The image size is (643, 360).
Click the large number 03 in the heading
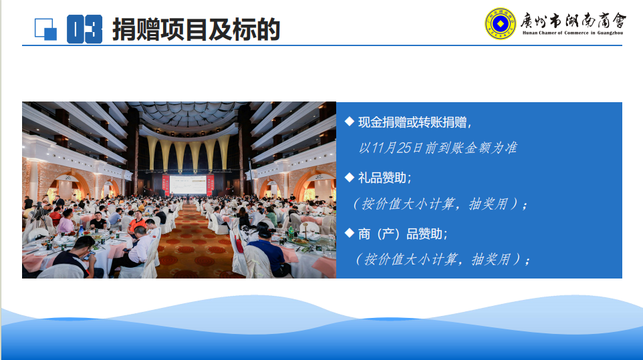click(x=84, y=29)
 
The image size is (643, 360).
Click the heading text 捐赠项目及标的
click(x=196, y=29)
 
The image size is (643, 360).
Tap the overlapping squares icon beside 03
click(x=45, y=29)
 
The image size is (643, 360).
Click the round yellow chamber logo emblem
click(x=500, y=24)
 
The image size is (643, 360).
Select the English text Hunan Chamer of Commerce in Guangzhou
click(x=572, y=33)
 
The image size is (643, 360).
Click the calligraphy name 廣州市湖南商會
click(x=573, y=21)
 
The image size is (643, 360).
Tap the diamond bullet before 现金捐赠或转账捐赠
click(x=350, y=122)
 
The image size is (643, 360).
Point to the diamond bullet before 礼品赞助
click(x=350, y=178)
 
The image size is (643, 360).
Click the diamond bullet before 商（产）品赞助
click(x=350, y=233)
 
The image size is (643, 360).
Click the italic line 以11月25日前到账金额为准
click(x=438, y=148)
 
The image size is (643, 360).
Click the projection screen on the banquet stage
click(x=188, y=185)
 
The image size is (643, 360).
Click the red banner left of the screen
click(x=166, y=185)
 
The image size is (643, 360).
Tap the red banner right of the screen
click(x=211, y=185)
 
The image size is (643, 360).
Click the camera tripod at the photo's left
click(x=39, y=215)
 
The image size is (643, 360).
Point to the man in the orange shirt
click(x=136, y=223)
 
